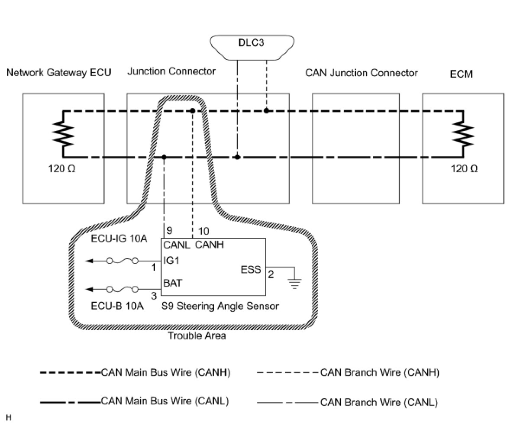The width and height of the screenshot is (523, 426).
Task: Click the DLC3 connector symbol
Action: pyautogui.click(x=252, y=47)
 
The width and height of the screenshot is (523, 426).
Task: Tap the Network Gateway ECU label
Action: pyautogui.click(x=59, y=72)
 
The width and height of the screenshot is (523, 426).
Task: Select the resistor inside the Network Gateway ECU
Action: pyautogui.click(x=63, y=134)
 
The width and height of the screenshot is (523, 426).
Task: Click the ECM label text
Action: pyautogui.click(x=461, y=74)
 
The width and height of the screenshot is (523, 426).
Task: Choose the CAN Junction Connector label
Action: pyautogui.click(x=361, y=73)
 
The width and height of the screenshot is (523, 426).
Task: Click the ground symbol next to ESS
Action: pyautogui.click(x=294, y=283)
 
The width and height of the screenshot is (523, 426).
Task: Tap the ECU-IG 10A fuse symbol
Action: pyautogui.click(x=122, y=261)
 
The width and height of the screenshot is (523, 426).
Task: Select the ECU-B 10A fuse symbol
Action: pyautogui.click(x=122, y=290)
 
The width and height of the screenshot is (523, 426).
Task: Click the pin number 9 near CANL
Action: pyautogui.click(x=169, y=230)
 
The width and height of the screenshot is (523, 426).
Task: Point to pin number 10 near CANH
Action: pyautogui.click(x=203, y=231)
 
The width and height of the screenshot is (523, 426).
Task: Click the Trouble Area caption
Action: pyautogui.click(x=197, y=336)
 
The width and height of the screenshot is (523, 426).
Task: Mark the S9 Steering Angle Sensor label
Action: pyautogui.click(x=220, y=306)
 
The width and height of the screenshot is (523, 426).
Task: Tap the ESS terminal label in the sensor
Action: pyautogui.click(x=251, y=269)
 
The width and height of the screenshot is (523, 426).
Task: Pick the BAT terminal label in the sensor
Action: pyautogui.click(x=173, y=283)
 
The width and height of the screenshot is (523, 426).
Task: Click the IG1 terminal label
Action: pyautogui.click(x=171, y=261)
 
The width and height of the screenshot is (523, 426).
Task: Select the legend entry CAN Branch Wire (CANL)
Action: pyautogui.click(x=347, y=403)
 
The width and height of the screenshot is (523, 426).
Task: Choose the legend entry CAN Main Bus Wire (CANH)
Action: pyautogui.click(x=135, y=372)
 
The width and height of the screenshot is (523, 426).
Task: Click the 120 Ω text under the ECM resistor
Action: pyautogui.click(x=464, y=169)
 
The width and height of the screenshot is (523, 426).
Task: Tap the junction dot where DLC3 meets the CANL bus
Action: pyautogui.click(x=237, y=157)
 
